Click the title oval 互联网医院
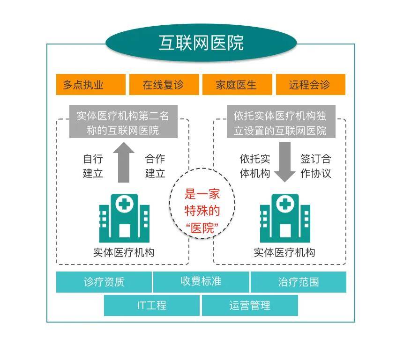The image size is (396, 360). pos(201,43)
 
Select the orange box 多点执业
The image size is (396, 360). pos(90,85)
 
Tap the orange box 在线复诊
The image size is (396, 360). pos(164,85)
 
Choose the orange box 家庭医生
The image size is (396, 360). pos(237,85)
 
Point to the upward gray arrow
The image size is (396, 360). pos(123,162)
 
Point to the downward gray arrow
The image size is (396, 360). pos(284,162)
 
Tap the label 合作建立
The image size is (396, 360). pos(155,166)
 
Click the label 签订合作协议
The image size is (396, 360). pos(315,166)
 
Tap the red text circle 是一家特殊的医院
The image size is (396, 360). pos(202,211)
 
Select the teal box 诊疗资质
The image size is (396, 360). pos(104,282)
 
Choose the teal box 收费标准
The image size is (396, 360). pos(201,282)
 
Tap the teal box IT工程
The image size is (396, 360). pos(152,306)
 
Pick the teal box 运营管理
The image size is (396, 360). pos(250,306)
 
